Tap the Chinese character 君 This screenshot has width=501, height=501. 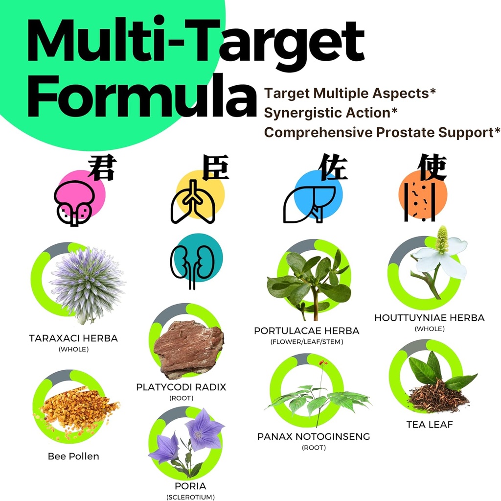pos(101,168)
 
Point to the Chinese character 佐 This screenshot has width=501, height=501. pos(333,167)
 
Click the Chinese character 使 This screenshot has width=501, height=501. pos(432,168)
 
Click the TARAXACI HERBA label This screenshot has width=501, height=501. pos(73,338)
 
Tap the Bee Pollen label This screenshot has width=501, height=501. pos(73,456)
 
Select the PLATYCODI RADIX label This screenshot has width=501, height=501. pos(181,387)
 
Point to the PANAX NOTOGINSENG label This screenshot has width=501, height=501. pos(314,436)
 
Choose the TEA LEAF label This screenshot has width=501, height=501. pos(430,425)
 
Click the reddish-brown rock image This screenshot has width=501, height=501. pos(188,348)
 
